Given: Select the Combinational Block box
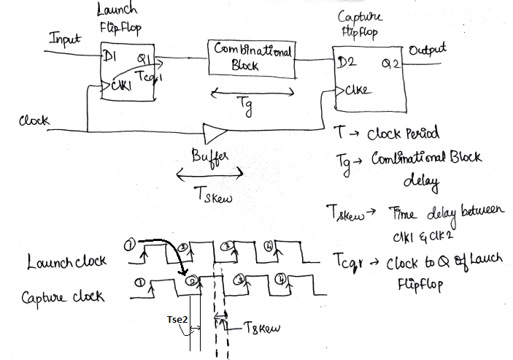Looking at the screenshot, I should tap(252, 56).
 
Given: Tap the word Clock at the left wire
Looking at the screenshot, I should tap(33, 120).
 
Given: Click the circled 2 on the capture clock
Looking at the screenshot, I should tap(190, 280).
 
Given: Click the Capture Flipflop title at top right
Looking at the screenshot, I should tap(360, 24).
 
